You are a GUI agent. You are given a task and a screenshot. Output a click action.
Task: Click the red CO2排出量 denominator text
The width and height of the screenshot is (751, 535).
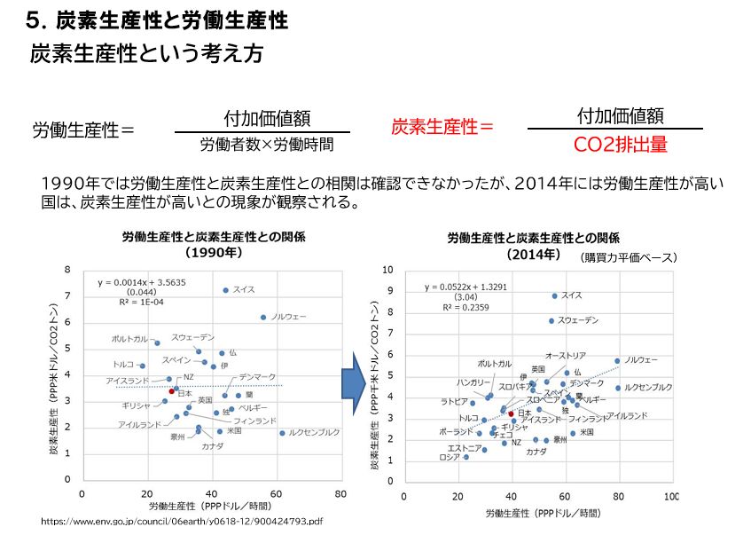pos(620,145)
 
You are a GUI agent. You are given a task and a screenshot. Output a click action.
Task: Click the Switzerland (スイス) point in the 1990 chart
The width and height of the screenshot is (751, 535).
pos(226,290)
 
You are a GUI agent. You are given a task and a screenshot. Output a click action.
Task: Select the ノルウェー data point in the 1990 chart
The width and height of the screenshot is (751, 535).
pos(263,317)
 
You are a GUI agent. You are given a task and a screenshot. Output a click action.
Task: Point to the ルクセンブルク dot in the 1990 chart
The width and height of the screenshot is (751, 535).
pos(283,433)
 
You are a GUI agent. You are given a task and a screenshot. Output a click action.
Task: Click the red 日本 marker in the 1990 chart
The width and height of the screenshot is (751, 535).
pos(172,391)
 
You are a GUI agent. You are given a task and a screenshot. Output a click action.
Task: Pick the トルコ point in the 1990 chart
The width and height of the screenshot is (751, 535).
pos(143,366)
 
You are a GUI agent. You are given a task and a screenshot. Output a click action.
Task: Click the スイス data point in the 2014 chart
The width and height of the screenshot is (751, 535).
pos(555,295)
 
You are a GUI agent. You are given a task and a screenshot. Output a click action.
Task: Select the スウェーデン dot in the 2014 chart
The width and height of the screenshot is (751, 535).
pos(552,320)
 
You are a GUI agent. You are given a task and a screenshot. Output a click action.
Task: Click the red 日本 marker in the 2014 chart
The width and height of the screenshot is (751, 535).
pos(511,413)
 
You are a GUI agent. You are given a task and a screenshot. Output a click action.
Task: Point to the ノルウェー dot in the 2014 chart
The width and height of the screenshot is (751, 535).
pos(618,361)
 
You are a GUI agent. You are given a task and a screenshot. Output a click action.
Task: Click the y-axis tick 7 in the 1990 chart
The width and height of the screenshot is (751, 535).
pos(67,295)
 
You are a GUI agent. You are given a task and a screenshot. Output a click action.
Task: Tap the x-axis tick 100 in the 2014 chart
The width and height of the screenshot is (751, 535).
pos(671,496)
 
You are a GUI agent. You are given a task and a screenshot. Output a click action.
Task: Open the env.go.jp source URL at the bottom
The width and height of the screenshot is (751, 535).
pos(182,522)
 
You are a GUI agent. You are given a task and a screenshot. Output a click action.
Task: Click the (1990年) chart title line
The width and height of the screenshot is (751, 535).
pos(213,251)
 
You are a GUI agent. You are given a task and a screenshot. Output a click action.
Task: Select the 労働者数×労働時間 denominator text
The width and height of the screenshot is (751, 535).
pos(267,144)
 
